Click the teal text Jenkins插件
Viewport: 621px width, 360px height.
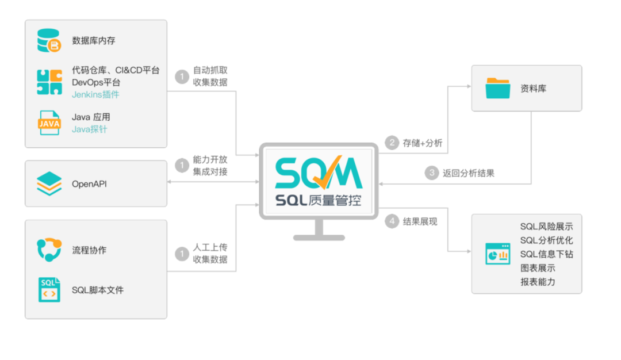(95, 94)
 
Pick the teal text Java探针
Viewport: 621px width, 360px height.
(89, 129)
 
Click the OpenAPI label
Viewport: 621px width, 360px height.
(89, 184)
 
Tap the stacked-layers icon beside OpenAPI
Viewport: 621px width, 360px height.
(49, 184)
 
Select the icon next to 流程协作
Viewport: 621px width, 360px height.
(49, 250)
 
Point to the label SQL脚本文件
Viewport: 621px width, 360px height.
(98, 290)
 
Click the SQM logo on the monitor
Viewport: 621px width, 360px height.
(318, 171)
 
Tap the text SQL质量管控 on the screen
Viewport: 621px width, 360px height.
(318, 200)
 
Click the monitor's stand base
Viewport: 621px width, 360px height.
(319, 238)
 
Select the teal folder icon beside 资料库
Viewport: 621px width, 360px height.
(498, 89)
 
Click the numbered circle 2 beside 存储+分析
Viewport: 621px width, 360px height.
(392, 143)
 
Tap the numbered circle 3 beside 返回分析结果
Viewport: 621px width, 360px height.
(432, 173)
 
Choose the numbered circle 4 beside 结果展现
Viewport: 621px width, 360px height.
(392, 221)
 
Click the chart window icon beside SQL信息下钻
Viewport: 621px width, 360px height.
(497, 254)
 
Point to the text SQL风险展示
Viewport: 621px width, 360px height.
(546, 227)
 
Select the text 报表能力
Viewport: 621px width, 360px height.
(538, 282)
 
